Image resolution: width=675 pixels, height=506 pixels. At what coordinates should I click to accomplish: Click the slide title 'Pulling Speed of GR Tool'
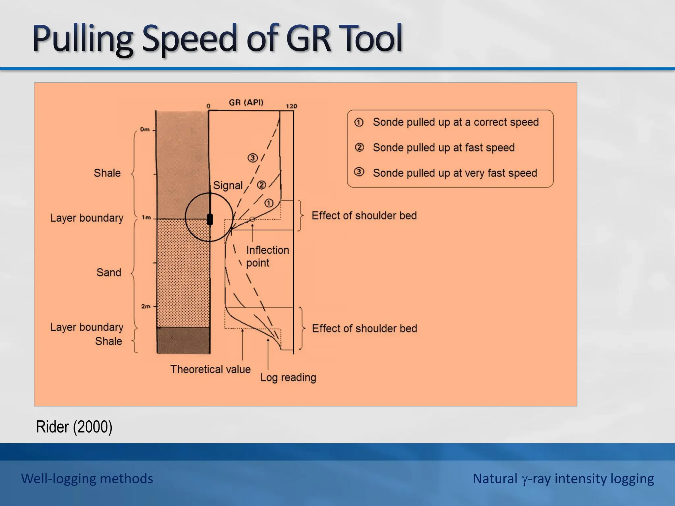pos(218,39)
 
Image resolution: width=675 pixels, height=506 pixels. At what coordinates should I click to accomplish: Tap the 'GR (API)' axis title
pos(246,102)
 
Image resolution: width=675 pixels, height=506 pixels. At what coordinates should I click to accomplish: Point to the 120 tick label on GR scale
pos(291,106)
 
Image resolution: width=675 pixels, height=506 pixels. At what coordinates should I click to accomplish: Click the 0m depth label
pos(145,129)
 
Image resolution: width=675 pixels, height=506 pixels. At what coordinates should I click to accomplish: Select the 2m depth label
pos(146,306)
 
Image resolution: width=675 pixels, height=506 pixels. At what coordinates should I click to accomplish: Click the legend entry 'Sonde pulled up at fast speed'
pos(443,148)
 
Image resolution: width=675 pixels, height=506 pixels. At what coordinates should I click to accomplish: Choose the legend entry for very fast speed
pos(455,173)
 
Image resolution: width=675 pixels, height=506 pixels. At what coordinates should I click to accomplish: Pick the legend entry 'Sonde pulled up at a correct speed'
pos(455,122)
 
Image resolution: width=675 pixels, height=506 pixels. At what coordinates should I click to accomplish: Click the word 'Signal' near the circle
pos(227,185)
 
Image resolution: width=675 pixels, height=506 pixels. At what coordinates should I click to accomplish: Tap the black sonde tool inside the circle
pos(210,219)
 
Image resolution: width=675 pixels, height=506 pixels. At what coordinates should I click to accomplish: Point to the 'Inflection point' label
pos(267,256)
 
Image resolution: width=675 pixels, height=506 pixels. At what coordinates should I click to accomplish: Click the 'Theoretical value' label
pos(210,369)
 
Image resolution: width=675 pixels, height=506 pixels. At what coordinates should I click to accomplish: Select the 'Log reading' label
pos(288,377)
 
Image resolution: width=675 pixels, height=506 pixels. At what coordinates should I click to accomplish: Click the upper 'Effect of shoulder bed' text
pos(364,215)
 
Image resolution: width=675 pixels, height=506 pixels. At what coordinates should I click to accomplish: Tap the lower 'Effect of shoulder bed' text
pos(364,328)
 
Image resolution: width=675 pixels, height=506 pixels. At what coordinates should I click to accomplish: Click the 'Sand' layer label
pos(109,272)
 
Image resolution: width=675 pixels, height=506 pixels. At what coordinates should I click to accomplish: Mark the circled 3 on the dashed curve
pos(252,158)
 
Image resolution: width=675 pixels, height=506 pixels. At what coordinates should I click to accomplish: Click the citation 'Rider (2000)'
pos(74,427)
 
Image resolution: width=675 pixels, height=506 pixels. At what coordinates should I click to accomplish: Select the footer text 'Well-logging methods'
pos(87,479)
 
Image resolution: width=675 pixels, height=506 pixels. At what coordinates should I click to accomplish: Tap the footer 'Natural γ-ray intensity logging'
pos(563,479)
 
